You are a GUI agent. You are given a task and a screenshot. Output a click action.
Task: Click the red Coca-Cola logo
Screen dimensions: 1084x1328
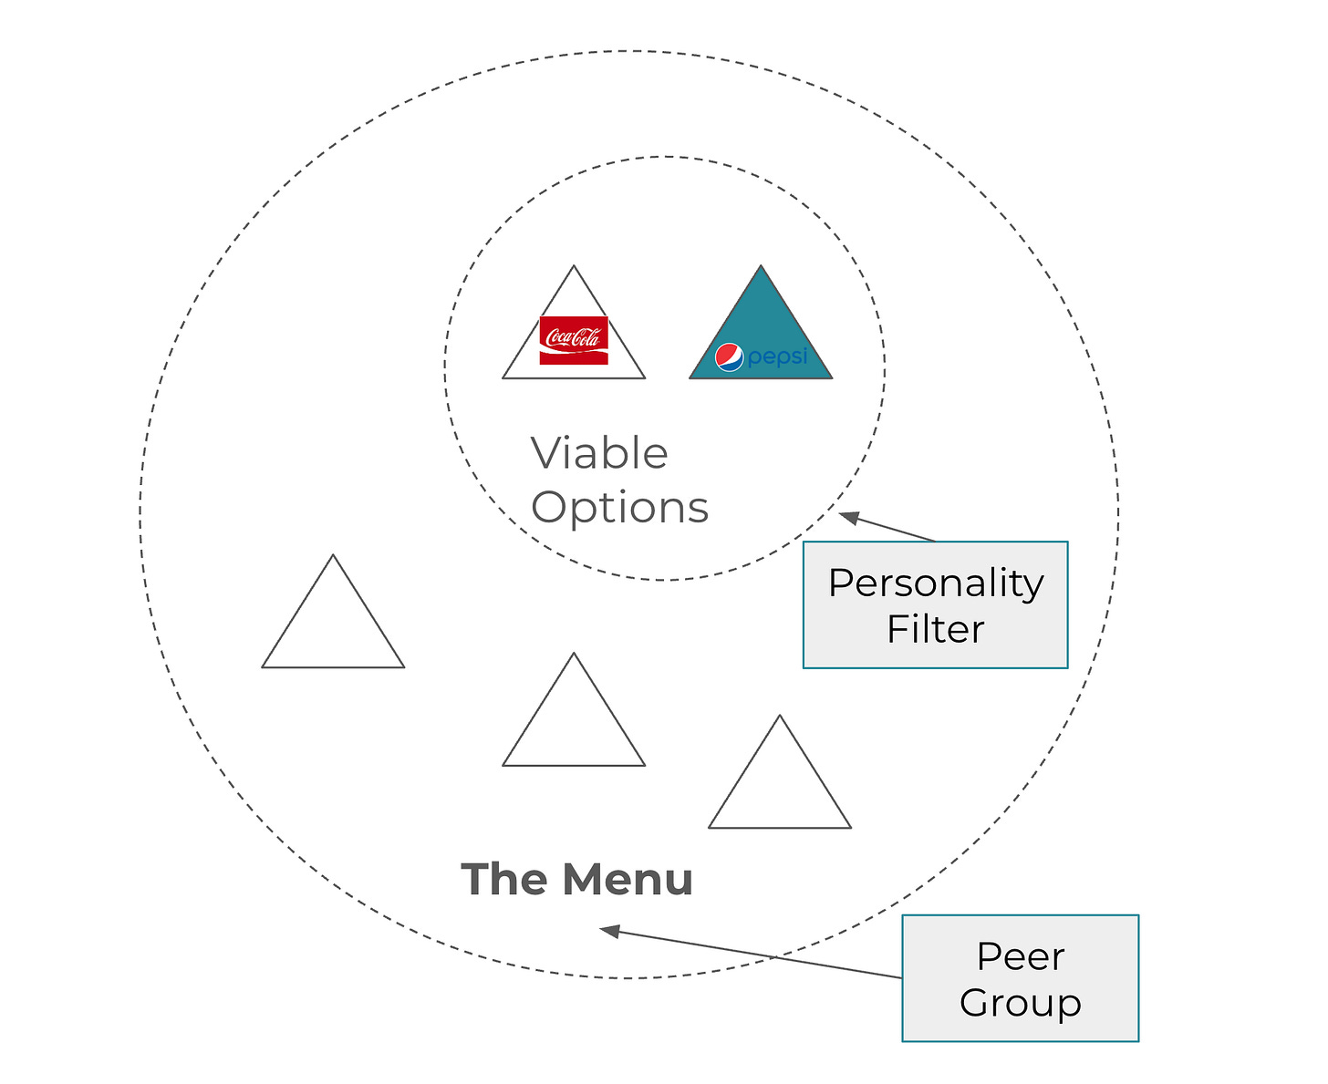point(573,340)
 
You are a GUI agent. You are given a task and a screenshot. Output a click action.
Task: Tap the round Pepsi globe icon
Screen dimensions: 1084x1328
point(729,357)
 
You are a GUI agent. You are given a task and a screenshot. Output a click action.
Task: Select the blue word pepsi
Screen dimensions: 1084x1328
point(777,357)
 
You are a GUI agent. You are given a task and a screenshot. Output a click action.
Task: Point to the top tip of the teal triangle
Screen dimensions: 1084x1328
point(761,267)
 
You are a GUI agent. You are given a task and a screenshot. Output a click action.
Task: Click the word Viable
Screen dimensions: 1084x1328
point(599,453)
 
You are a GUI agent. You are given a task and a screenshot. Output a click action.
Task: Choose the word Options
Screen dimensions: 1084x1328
point(619,508)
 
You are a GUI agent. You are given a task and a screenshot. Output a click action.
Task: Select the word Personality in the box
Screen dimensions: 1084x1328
point(936,583)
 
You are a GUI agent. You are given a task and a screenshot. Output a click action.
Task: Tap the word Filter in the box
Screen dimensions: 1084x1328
point(936,629)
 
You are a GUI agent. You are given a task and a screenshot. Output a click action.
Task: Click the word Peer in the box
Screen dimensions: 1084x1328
point(1020,956)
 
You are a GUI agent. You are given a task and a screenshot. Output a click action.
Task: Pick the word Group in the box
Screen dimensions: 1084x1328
point(1020,1003)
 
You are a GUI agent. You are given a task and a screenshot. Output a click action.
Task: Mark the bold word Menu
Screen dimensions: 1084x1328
point(628,880)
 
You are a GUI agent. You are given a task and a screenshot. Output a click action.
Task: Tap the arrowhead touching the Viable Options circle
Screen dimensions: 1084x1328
point(848,517)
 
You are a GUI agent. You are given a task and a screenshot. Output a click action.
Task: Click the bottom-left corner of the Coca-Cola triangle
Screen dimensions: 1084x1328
point(504,377)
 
